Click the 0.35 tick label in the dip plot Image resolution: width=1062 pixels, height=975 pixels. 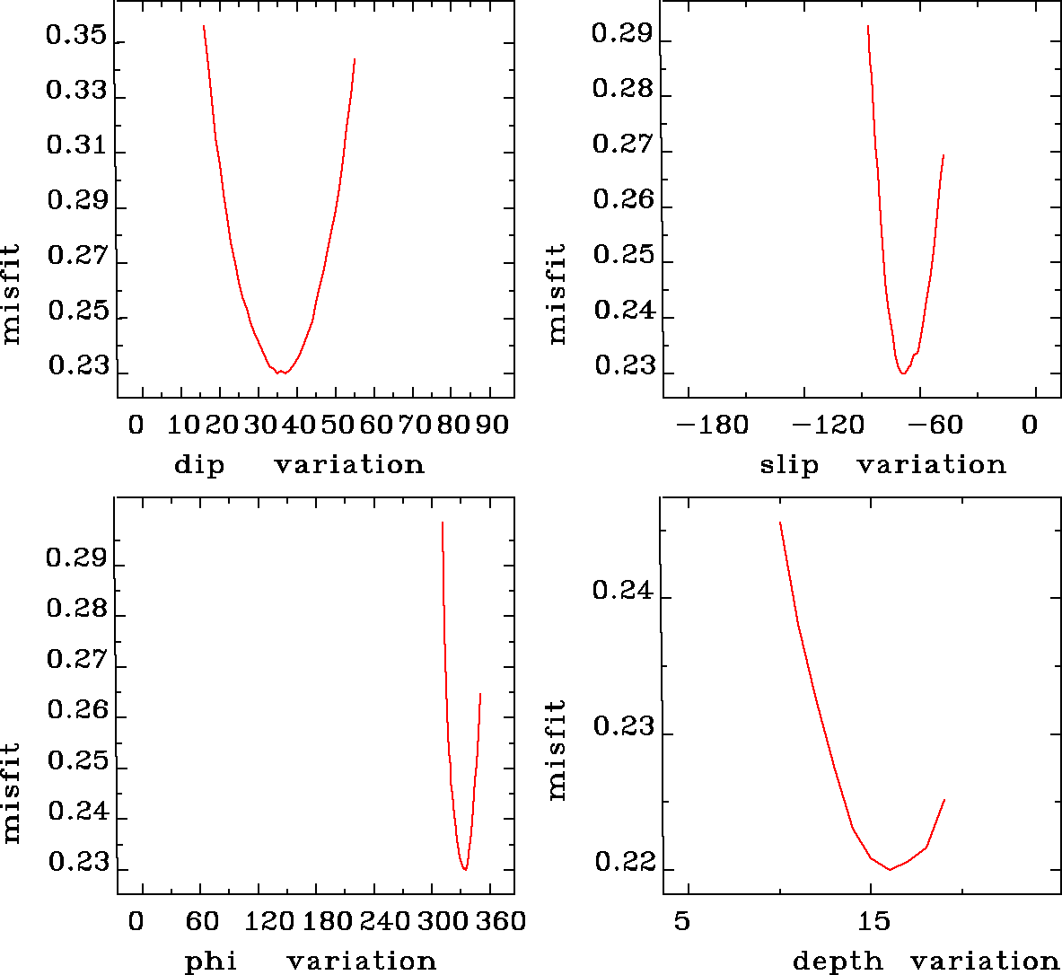(x=76, y=38)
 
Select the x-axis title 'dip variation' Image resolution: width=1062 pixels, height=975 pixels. (x=299, y=465)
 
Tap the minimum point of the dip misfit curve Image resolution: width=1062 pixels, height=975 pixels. (x=281, y=372)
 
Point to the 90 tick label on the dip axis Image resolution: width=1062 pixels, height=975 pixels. (x=491, y=425)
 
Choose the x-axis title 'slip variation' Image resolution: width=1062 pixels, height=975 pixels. (x=882, y=465)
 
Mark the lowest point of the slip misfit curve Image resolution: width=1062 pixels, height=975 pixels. (x=903, y=373)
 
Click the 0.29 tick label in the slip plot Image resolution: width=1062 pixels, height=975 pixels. (x=622, y=35)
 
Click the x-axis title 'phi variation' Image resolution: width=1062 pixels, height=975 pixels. (x=311, y=962)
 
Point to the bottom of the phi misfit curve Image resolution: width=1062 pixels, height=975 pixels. (x=465, y=869)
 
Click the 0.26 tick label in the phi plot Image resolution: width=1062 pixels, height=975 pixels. (x=76, y=711)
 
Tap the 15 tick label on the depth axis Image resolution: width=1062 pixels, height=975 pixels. (x=873, y=922)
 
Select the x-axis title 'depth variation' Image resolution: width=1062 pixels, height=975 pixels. (x=926, y=962)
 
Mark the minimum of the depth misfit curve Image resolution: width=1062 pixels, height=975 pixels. (x=890, y=869)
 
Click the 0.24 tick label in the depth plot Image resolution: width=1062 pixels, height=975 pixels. (x=622, y=591)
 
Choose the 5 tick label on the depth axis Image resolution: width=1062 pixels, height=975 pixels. (x=682, y=922)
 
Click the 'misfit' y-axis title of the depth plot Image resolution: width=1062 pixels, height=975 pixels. (x=557, y=751)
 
